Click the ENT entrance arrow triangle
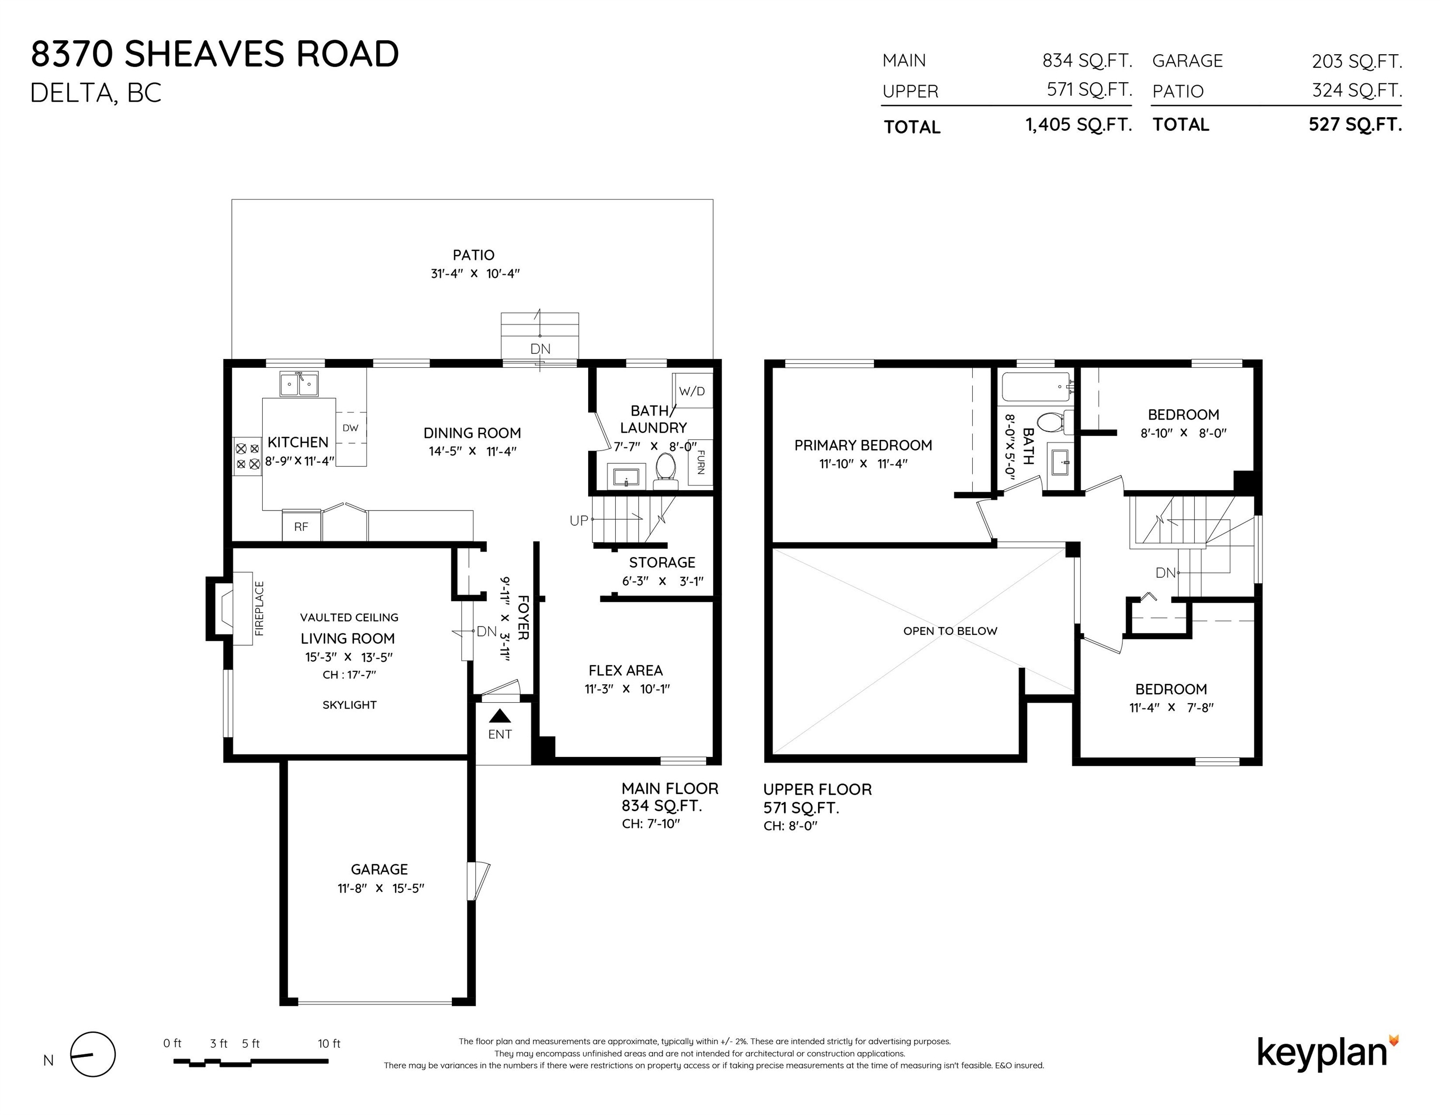[x=500, y=715]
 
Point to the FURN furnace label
[x=700, y=462]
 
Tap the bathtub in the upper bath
[x=1037, y=387]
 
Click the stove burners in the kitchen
[x=247, y=456]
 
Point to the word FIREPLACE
[x=259, y=608]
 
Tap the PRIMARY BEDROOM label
[x=863, y=445]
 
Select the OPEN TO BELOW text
[x=950, y=631]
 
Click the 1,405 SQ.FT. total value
[x=1079, y=124]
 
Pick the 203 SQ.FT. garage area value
[x=1357, y=61]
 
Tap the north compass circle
[x=93, y=1054]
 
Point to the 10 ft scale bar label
[x=329, y=1044]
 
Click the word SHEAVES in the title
[x=205, y=54]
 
